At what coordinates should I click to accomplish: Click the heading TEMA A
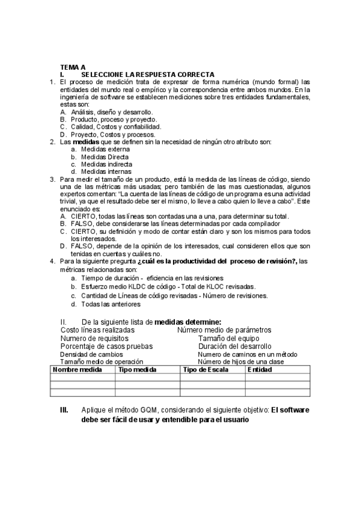coord(73,67)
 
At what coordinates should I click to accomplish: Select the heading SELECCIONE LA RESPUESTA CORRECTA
coord(148,74)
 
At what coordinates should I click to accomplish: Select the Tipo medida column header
coord(138,370)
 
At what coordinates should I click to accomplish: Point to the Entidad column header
coord(260,370)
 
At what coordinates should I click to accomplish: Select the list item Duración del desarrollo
coord(234,346)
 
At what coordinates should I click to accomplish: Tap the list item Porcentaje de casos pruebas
coord(107,346)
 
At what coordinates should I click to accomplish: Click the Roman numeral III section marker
coord(64,410)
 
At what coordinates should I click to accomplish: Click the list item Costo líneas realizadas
coord(98,330)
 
